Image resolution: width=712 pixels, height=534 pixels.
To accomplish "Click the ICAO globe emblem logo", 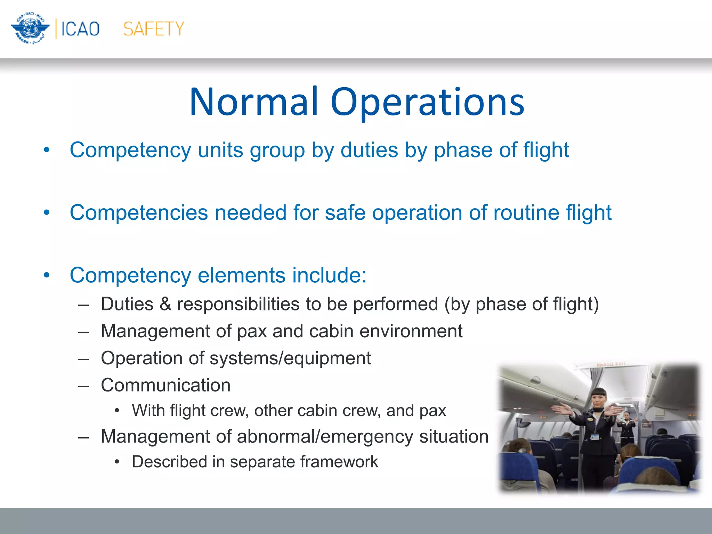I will point(30,29).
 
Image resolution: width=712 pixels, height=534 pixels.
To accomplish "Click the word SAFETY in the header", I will point(153,29).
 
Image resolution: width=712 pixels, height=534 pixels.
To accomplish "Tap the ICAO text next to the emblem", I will point(80,29).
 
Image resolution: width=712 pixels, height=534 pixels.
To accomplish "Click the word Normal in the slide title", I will point(254,102).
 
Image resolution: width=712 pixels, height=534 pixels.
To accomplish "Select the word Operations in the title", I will point(427,102).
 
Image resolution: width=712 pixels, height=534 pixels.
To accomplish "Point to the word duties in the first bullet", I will point(369,150).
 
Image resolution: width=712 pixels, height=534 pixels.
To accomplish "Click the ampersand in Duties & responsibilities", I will point(165,304).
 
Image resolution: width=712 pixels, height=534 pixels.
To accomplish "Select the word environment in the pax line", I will point(411,331).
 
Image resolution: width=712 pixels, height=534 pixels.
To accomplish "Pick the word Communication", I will point(166,385).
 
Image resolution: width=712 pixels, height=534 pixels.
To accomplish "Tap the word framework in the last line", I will point(339,462).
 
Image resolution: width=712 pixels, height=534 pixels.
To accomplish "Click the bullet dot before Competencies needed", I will point(47,212).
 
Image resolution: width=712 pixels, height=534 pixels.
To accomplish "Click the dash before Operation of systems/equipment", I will point(83,358).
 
